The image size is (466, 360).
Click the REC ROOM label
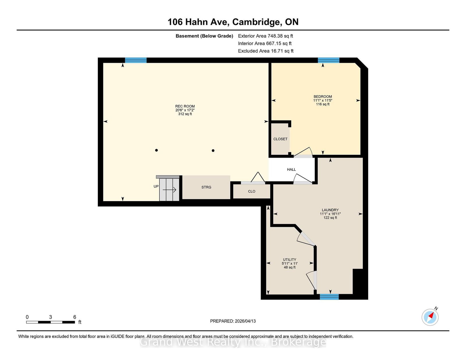(x=185, y=107)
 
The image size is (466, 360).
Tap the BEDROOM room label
(x=323, y=97)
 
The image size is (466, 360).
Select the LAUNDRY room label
(x=330, y=210)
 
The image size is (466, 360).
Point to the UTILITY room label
(x=290, y=260)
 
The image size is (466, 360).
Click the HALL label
(x=291, y=169)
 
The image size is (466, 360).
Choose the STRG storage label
(x=206, y=187)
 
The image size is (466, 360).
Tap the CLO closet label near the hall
(x=252, y=191)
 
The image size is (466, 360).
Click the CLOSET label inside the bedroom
(x=280, y=139)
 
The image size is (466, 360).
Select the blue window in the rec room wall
(x=136, y=60)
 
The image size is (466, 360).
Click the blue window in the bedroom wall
(x=329, y=60)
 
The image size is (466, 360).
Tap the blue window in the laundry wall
(x=329, y=297)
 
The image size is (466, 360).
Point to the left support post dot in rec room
(x=156, y=150)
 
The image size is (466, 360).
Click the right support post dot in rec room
(x=213, y=150)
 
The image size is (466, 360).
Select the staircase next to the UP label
(x=169, y=189)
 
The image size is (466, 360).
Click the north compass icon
(x=430, y=317)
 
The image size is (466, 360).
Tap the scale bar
(x=50, y=322)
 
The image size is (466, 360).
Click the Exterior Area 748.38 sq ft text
(x=265, y=36)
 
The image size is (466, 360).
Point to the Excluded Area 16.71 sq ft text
(x=266, y=51)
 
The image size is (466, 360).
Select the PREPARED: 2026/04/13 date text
(x=233, y=321)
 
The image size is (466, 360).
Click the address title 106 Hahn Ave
(x=233, y=22)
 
